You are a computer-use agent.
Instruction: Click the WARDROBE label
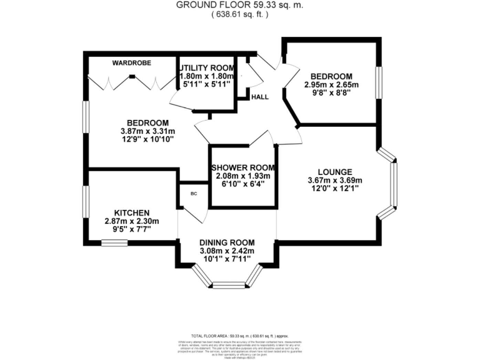coord(129,62)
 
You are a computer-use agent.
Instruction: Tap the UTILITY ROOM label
coord(206,67)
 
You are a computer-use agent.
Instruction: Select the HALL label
coord(259,97)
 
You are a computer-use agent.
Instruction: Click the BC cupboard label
coord(194,194)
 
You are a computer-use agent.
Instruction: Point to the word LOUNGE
coord(335,172)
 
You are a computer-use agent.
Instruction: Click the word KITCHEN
coord(131,212)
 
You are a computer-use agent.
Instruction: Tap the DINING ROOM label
coord(227,242)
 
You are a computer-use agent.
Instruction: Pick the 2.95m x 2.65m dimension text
coord(331,85)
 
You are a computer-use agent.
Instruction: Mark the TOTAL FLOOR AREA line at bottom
coord(239,336)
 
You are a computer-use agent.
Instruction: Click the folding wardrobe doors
coord(132,82)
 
